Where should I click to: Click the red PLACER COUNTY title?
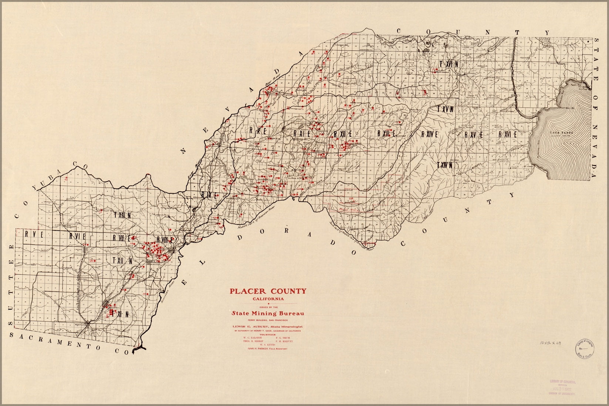268,291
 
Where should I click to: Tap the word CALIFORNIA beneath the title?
268,299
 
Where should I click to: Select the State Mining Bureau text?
268,313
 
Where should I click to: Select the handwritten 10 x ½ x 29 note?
550,343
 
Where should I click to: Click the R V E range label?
34,235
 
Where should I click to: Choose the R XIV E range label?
429,135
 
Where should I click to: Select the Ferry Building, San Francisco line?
268,319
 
